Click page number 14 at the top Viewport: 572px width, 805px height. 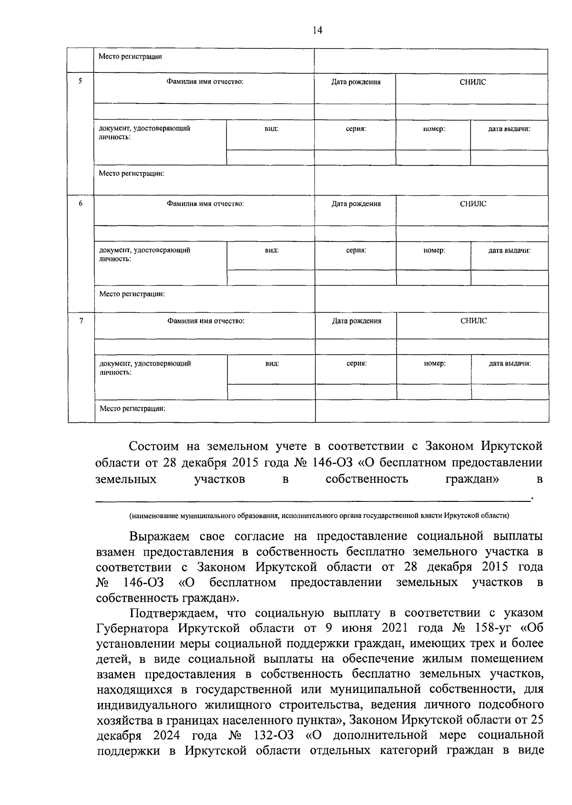(x=317, y=31)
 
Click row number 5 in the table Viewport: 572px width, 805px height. (x=80, y=81)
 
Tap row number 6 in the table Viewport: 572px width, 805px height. (x=80, y=203)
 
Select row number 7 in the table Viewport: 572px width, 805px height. (x=81, y=320)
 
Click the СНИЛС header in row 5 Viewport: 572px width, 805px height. (x=473, y=82)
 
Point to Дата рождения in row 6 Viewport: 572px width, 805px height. (x=356, y=204)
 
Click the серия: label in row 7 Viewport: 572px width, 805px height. (x=356, y=363)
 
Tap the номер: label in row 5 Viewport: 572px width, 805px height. (x=434, y=129)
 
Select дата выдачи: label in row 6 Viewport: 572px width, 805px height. (x=509, y=250)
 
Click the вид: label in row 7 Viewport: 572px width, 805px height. (x=272, y=363)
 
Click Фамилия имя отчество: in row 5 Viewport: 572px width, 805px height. (x=205, y=82)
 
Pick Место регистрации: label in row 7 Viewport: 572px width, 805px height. (x=132, y=408)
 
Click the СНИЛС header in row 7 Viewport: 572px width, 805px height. (x=473, y=321)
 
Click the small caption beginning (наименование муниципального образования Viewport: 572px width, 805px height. (x=318, y=515)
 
